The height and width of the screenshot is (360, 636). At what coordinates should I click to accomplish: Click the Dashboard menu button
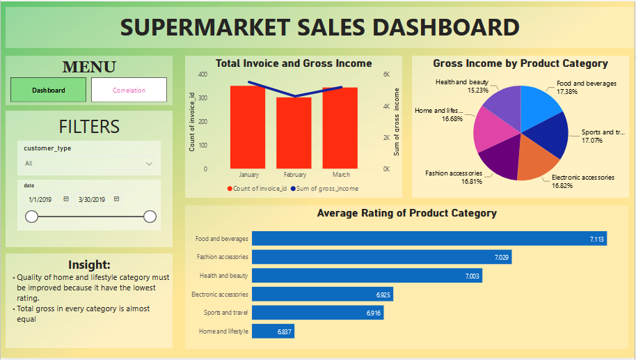(x=49, y=90)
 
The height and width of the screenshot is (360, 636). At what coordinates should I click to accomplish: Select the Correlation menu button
(x=129, y=90)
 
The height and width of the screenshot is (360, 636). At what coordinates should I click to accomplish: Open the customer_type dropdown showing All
(x=88, y=164)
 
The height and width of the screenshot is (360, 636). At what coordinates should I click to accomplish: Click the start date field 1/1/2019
(x=41, y=199)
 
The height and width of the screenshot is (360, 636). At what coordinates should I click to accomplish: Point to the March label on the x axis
(x=340, y=175)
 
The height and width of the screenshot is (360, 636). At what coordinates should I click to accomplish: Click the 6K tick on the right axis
(x=387, y=75)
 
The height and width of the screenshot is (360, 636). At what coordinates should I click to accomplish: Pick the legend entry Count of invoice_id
(x=260, y=189)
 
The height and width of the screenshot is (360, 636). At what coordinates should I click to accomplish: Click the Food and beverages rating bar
(x=429, y=239)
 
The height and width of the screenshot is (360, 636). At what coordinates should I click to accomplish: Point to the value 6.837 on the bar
(x=284, y=332)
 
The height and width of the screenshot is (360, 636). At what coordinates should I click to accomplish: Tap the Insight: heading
(x=89, y=265)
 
